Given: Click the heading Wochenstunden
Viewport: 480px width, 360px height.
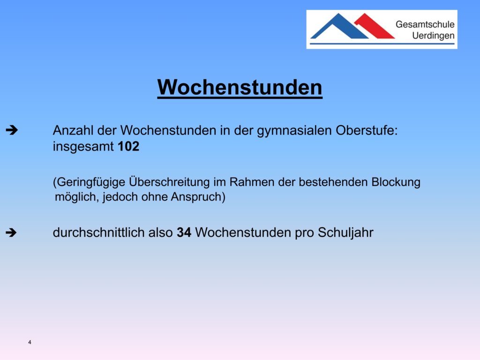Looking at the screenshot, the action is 240,88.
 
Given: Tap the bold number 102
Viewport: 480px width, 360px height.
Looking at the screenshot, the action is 128,146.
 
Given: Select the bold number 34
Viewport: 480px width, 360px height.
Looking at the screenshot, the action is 184,232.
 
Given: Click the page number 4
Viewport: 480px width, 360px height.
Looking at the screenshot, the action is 30,342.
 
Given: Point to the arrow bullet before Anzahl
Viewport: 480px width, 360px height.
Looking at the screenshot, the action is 12,130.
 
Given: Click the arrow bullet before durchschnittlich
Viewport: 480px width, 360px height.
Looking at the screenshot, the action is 11,232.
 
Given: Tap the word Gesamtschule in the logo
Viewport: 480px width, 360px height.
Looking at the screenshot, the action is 425,24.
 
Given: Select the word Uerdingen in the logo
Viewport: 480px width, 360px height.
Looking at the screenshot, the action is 433,36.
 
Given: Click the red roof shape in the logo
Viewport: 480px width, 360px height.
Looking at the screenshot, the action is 375,26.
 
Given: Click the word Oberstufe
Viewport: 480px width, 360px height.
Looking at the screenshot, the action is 367,130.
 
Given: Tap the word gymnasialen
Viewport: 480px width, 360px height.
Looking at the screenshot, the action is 294,131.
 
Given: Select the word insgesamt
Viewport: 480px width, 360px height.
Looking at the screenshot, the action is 83,147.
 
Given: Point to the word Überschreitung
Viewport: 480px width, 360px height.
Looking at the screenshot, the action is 169,181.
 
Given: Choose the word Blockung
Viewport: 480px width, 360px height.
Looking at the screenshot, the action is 396,182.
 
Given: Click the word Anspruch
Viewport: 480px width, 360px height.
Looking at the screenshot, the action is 198,197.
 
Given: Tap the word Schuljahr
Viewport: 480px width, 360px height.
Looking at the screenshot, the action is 345,232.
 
